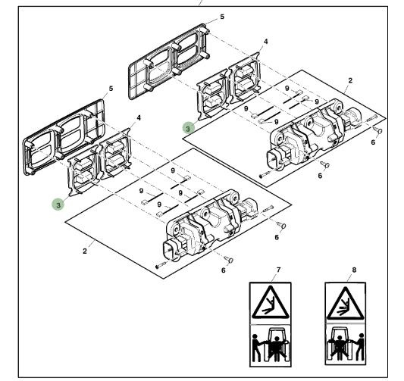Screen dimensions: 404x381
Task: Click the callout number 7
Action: pyautogui.click(x=278, y=270)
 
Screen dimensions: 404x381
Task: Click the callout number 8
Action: pyautogui.click(x=354, y=270)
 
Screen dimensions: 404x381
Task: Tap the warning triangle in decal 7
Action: pyautogui.click(x=270, y=301)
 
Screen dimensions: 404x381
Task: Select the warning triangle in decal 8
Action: pyautogui.click(x=345, y=303)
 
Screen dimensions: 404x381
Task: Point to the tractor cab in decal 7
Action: pyautogui.click(x=276, y=342)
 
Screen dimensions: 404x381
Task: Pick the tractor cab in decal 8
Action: pyautogui.click(x=340, y=342)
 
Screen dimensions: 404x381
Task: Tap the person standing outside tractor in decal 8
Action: pyautogui.click(x=359, y=347)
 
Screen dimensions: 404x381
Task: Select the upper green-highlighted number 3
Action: pyautogui.click(x=188, y=128)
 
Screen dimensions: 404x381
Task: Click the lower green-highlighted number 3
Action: pyautogui.click(x=58, y=205)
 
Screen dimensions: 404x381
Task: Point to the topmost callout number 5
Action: pyautogui.click(x=222, y=17)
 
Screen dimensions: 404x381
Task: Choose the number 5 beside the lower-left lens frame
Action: pyautogui.click(x=111, y=89)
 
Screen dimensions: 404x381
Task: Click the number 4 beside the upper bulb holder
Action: pyautogui.click(x=265, y=42)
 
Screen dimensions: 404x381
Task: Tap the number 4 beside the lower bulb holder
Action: pyautogui.click(x=139, y=118)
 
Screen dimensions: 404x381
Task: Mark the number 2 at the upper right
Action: pyautogui.click(x=350, y=80)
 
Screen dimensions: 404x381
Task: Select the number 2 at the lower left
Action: pyautogui.click(x=85, y=251)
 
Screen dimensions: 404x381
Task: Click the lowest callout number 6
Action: pyautogui.click(x=223, y=270)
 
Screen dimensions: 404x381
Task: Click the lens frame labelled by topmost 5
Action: pyautogui.click(x=169, y=62)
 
